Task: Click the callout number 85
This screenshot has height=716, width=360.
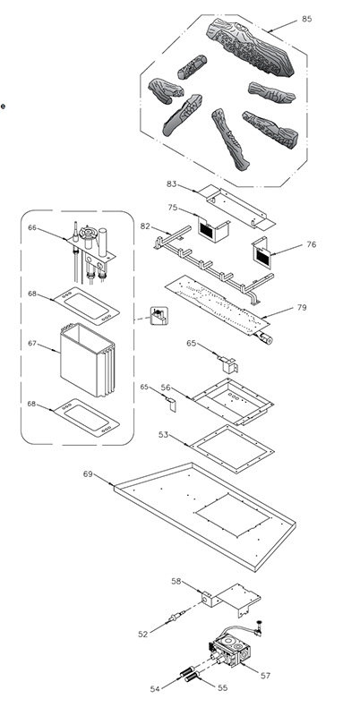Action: coord(306,19)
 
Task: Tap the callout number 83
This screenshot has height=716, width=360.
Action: coord(171,183)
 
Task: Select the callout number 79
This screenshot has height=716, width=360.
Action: coord(302,307)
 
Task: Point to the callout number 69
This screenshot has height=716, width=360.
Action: coord(88,474)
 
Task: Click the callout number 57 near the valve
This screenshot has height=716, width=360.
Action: coord(265,676)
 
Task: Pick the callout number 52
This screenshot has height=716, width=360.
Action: coord(143,635)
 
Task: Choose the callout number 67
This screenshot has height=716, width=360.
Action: coord(32,343)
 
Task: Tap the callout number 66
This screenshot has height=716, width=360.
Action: coord(32,227)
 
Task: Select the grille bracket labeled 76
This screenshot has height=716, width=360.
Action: coord(262,252)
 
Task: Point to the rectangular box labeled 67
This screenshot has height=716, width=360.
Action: coord(87,360)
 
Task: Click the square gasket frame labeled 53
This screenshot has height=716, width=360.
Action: coord(232,449)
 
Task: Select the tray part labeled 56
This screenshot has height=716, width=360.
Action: coord(233,400)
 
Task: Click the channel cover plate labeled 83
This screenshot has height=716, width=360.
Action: coord(237,207)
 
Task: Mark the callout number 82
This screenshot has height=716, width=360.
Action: coord(145,226)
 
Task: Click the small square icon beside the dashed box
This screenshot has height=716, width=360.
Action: coord(159,316)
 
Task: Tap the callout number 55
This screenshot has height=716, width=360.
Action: coord(222,687)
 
